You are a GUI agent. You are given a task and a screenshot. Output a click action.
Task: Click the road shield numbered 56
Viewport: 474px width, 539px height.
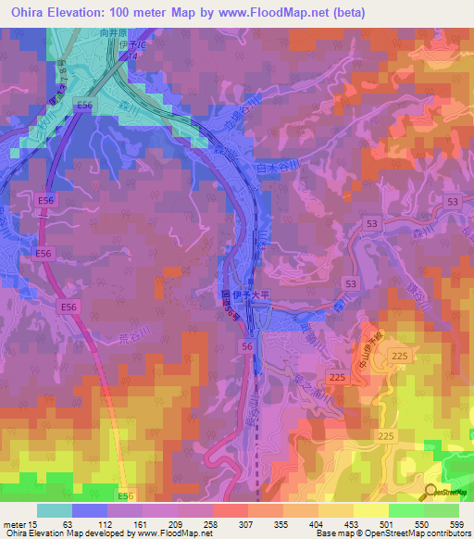tap(246, 345)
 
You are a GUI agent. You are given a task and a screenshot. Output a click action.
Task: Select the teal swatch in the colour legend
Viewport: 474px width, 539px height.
tap(54, 510)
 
